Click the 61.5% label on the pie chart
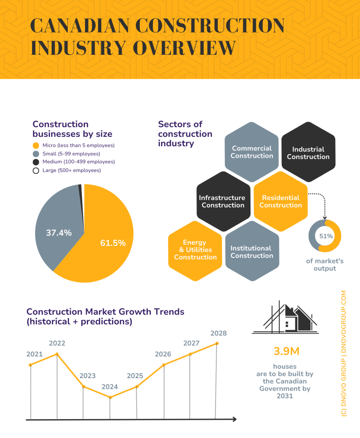[113, 243]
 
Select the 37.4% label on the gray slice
[59, 233]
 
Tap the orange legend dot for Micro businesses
[36, 145]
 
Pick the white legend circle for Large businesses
[36, 170]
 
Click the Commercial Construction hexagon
[251, 152]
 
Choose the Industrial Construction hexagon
[308, 153]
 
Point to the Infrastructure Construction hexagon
[223, 201]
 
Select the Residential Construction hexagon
[280, 201]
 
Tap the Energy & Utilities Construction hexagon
[195, 250]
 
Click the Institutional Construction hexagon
[251, 252]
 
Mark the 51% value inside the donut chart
[325, 236]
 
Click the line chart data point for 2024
[110, 397]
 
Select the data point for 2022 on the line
[57, 354]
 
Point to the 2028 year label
[218, 333]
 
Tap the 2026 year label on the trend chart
[163, 354]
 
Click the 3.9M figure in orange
[286, 351]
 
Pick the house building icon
[285, 318]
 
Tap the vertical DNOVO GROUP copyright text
[344, 353]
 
